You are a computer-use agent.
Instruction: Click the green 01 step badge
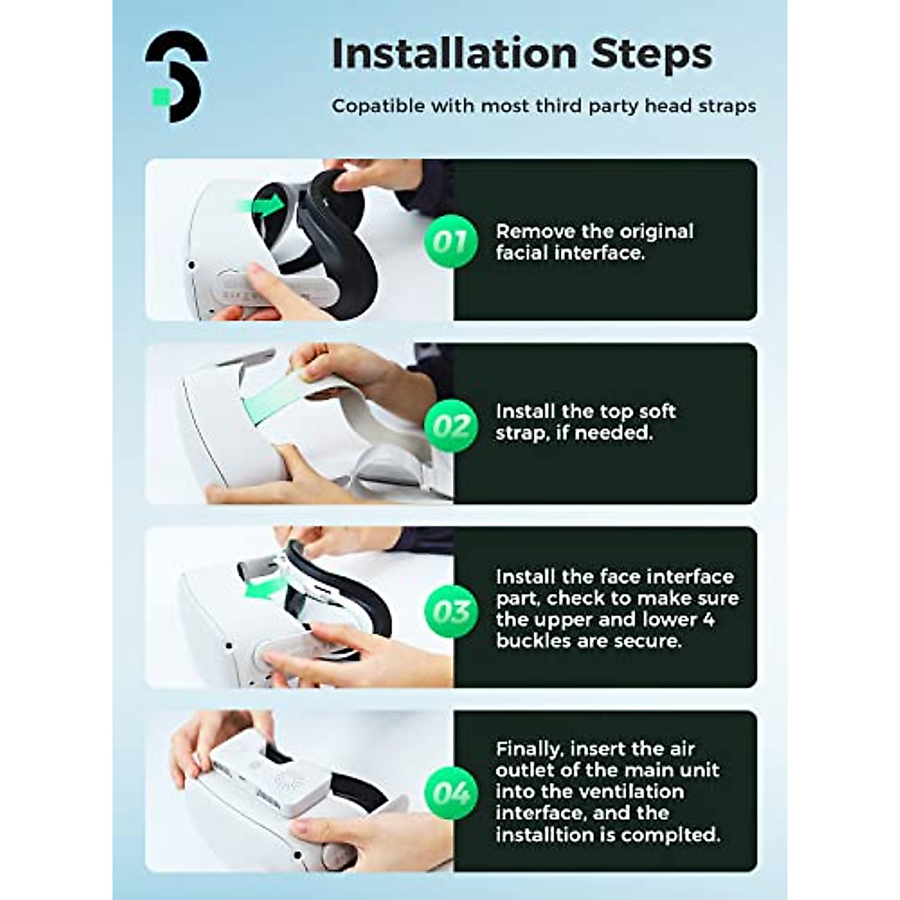pyautogui.click(x=451, y=241)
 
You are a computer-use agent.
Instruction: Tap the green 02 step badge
pyautogui.click(x=451, y=425)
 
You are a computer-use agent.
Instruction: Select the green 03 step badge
pyautogui.click(x=451, y=611)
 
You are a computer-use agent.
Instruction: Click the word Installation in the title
pyautogui.click(x=454, y=53)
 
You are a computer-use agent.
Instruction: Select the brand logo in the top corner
pyautogui.click(x=176, y=76)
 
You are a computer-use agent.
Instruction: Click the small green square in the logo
pyautogui.click(x=163, y=96)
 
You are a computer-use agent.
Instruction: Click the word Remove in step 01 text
pyautogui.click(x=529, y=231)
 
